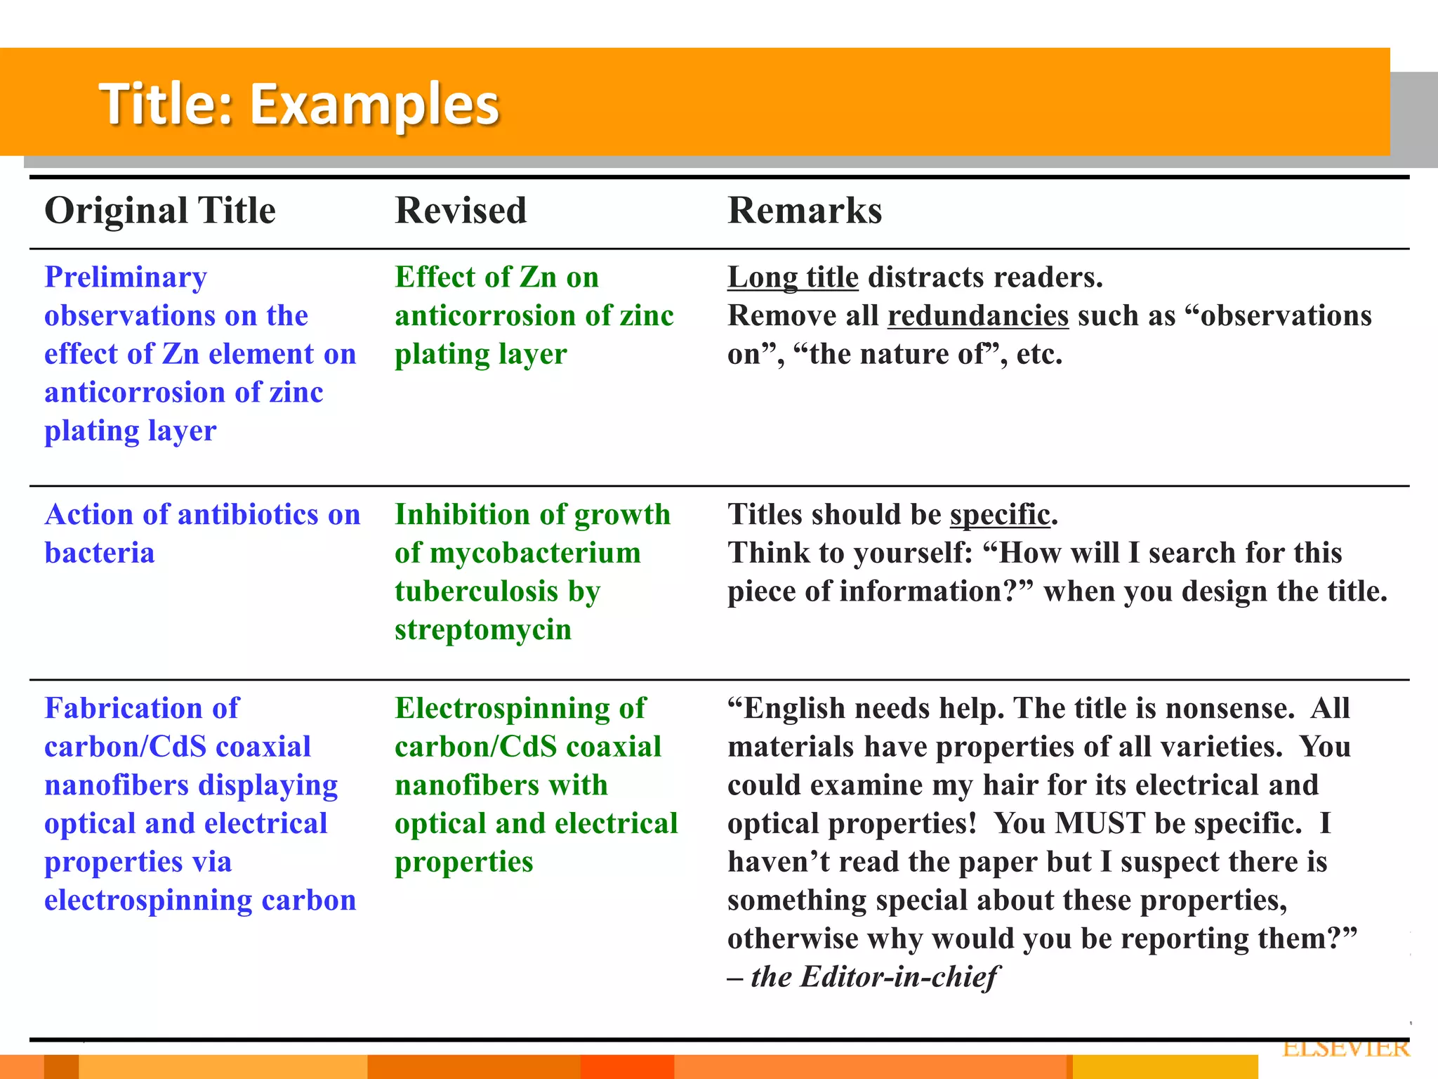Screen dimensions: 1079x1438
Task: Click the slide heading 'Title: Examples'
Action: (x=299, y=104)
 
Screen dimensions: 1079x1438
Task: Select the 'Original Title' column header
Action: (x=160, y=211)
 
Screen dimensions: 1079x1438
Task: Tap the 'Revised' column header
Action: (x=461, y=211)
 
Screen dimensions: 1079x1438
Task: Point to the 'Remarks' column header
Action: (x=805, y=211)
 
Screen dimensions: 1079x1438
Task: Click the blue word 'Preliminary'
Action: (x=126, y=278)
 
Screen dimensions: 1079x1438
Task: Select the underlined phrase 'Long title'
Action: (x=793, y=277)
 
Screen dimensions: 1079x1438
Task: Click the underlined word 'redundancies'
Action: (x=978, y=316)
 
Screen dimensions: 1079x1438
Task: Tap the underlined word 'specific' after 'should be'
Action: (x=1000, y=515)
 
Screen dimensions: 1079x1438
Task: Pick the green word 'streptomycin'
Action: (x=483, y=630)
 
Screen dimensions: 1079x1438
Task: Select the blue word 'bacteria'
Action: (x=100, y=554)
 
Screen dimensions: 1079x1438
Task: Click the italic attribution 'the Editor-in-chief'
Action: (x=874, y=977)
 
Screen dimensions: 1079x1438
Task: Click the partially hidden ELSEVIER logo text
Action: (x=1345, y=1048)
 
